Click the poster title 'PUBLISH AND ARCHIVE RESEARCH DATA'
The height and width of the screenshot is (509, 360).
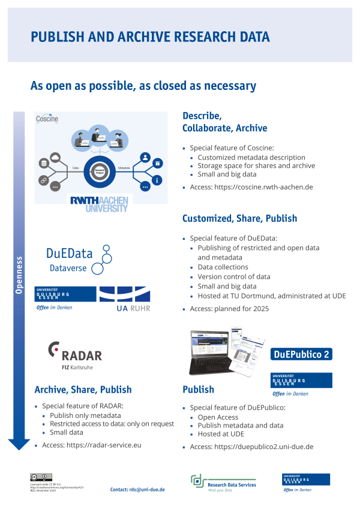(x=150, y=37)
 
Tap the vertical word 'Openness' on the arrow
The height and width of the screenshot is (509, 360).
(x=19, y=276)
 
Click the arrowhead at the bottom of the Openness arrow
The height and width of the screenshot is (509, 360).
(x=19, y=443)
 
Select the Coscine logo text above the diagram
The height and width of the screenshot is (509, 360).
(x=47, y=119)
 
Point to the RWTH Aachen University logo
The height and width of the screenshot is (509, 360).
(x=99, y=203)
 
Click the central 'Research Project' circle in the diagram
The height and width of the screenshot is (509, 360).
(x=99, y=171)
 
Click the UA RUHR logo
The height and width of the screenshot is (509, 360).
(x=124, y=299)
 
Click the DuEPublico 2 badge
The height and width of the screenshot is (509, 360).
(x=301, y=354)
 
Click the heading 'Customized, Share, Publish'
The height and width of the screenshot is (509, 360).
(x=239, y=219)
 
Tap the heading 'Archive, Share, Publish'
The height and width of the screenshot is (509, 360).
(x=83, y=390)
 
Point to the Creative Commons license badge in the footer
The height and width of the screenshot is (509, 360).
(x=37, y=477)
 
